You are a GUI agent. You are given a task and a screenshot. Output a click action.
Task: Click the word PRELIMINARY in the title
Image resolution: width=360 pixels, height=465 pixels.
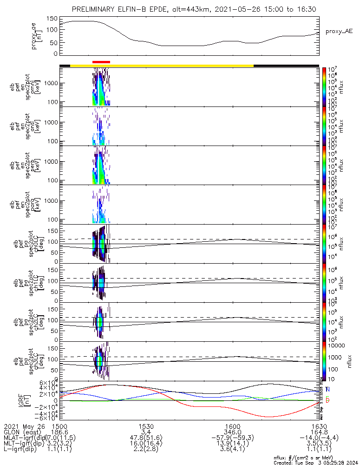95,9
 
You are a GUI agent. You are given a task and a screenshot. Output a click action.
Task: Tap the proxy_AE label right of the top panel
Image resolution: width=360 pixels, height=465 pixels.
339,31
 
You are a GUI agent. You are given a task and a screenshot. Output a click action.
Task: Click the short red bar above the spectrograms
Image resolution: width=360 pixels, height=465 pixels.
101,61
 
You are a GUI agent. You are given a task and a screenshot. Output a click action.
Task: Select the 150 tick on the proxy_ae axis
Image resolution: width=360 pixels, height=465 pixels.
52,19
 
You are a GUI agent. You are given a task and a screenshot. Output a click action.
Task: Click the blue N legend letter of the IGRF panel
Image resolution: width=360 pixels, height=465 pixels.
327,389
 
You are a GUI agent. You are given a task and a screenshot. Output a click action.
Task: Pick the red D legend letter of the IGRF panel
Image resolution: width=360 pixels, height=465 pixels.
327,400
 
